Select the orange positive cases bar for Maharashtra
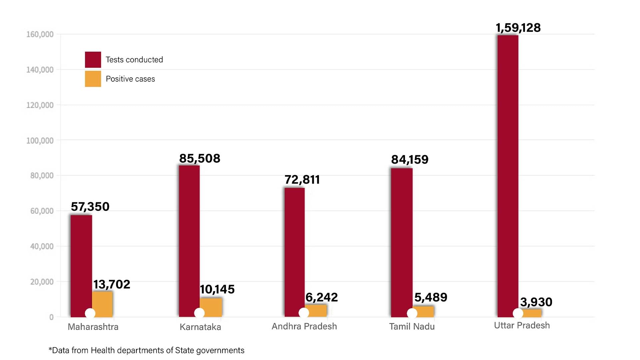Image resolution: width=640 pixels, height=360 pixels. click(103, 302)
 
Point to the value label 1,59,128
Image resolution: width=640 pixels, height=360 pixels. click(518, 28)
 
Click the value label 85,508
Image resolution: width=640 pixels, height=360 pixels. click(200, 158)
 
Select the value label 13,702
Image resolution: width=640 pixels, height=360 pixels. click(112, 284)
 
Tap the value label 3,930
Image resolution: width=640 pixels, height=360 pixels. click(536, 302)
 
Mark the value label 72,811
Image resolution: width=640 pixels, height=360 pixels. click(302, 180)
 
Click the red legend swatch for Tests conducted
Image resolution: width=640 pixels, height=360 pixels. click(93, 60)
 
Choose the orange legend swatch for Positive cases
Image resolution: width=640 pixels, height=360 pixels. click(93, 79)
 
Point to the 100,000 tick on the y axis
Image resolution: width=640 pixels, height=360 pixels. click(40, 141)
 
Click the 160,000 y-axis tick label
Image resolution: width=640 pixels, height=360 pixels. click(40, 34)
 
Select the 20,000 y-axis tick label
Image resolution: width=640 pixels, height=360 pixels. click(42, 282)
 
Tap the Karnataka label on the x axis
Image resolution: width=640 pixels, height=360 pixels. click(200, 327)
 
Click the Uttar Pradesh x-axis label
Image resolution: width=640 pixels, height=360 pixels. click(522, 326)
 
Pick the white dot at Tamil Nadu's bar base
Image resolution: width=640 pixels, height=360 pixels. click(412, 313)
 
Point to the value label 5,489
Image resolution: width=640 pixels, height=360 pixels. click(431, 297)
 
